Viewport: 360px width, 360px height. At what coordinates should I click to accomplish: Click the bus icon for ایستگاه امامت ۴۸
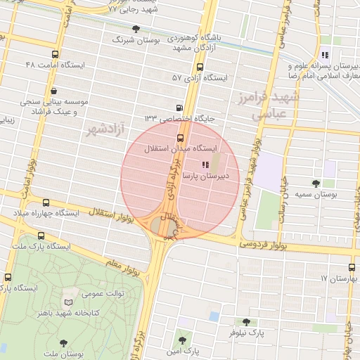[56, 54]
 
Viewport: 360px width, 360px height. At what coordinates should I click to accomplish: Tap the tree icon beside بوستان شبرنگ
[136, 30]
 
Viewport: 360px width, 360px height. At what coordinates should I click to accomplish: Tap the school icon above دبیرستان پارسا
[205, 165]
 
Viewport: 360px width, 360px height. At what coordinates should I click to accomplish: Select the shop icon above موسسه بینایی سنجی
[54, 91]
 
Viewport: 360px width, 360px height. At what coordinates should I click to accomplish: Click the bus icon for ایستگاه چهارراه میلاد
[46, 202]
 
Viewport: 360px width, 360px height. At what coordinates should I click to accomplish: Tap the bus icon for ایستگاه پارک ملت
[41, 236]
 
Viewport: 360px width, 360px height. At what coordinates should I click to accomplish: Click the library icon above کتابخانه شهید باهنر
[68, 301]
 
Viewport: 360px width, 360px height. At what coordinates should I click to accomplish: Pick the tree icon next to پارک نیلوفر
[245, 322]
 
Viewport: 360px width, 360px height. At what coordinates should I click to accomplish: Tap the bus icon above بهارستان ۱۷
[352, 267]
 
